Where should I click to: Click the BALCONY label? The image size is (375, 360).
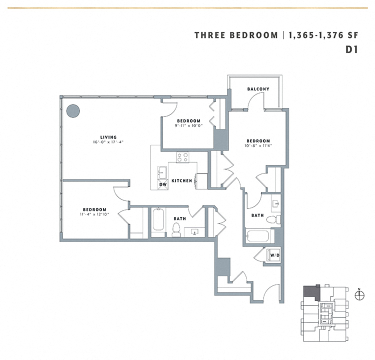(258, 89)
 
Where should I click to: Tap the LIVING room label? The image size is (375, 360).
(108, 137)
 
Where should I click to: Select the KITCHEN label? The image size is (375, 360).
(182, 180)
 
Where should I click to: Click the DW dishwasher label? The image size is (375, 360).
(162, 184)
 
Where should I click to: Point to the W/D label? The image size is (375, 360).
(274, 255)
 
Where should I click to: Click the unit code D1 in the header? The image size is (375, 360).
(353, 49)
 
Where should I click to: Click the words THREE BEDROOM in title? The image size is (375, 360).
(236, 35)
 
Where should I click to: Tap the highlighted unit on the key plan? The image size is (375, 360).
(310, 292)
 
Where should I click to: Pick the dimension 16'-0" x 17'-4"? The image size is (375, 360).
(108, 142)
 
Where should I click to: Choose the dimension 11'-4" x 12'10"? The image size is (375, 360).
(94, 214)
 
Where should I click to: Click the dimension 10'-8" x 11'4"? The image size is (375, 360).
(258, 146)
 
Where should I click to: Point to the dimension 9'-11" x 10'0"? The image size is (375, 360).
(188, 126)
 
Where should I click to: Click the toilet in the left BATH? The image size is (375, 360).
(176, 229)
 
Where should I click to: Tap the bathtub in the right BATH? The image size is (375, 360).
(257, 236)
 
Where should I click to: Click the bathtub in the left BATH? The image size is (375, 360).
(158, 222)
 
